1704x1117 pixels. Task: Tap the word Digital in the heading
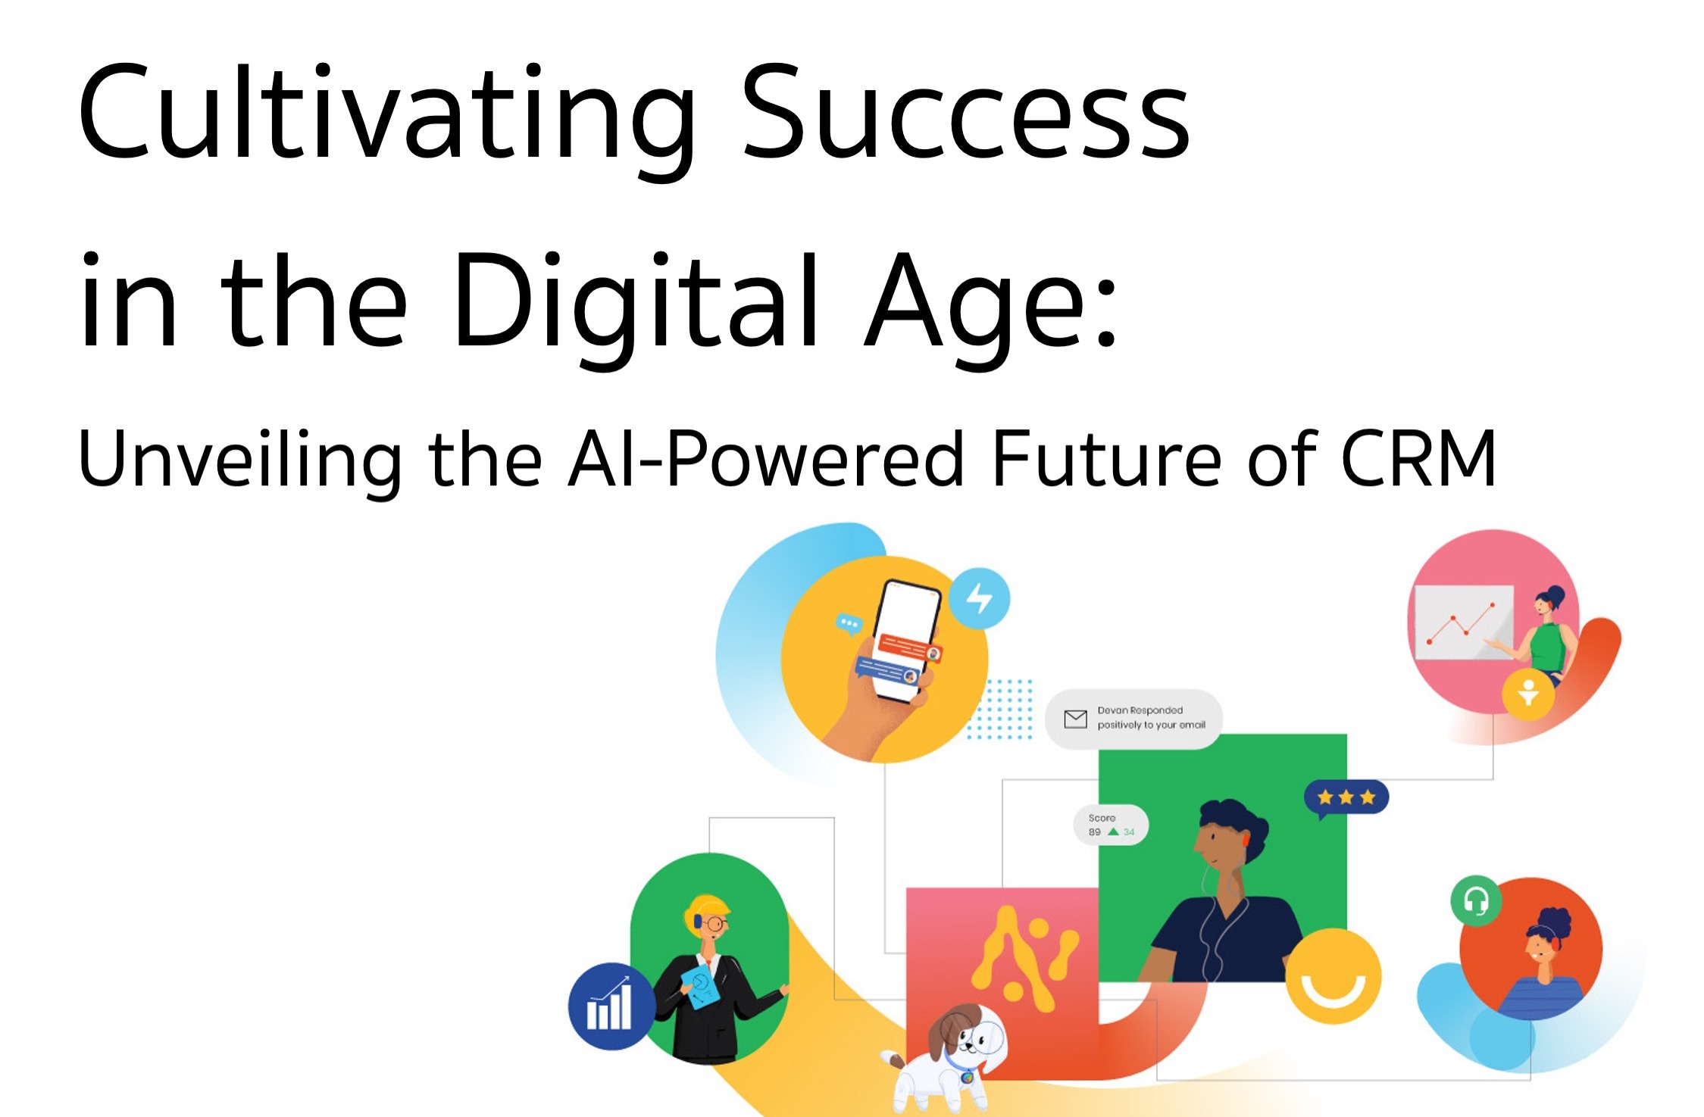[x=636, y=303]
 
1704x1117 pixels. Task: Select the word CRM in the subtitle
[x=1418, y=459]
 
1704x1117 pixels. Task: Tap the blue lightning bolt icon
[x=980, y=598]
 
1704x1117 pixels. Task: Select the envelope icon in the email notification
[x=1075, y=718]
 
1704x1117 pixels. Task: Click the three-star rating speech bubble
[x=1346, y=797]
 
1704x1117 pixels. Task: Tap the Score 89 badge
[x=1111, y=825]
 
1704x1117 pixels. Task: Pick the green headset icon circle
[x=1475, y=900]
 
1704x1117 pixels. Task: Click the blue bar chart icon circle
[x=611, y=1006]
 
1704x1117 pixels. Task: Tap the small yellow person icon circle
[x=1528, y=693]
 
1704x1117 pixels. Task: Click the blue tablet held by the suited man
[x=701, y=985]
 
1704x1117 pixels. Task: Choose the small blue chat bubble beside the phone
[x=849, y=624]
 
